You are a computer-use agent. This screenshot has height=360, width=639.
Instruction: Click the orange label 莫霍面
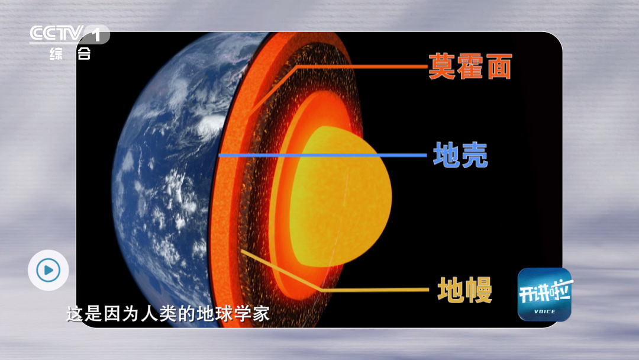470,66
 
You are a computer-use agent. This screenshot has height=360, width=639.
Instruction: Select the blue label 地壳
460,155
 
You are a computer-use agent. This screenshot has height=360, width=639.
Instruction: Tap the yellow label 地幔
464,290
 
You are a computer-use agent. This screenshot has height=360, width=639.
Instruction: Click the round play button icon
48,270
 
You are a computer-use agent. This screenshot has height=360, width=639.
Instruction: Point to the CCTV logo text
56,33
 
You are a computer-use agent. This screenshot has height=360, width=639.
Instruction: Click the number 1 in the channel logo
96,34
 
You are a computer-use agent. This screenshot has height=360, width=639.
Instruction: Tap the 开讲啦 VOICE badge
544,294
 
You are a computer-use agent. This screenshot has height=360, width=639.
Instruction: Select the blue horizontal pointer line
322,155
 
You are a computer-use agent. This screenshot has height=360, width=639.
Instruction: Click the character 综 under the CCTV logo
56,54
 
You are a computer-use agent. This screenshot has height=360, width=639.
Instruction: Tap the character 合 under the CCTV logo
84,54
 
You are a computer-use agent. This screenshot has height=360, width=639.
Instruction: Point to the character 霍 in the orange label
470,66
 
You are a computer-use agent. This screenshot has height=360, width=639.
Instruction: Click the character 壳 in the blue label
475,155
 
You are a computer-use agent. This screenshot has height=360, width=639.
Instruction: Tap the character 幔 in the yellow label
479,290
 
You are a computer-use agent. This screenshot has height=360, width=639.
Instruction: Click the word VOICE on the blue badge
544,311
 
